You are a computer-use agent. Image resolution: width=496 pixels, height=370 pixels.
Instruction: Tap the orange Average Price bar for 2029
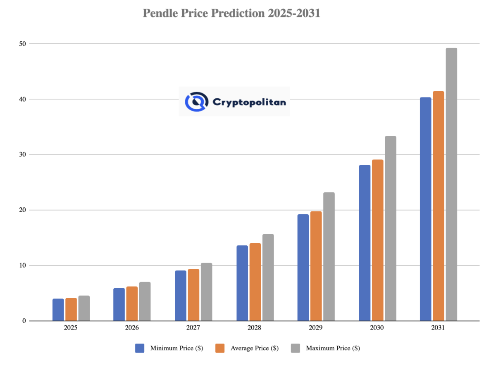pyautogui.click(x=316, y=266)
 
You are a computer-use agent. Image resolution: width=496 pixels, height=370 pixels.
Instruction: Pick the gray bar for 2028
pyautogui.click(x=268, y=277)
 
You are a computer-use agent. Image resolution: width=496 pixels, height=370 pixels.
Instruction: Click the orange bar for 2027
pyautogui.click(x=193, y=295)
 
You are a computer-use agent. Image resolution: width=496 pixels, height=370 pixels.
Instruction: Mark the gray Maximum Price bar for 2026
pyautogui.click(x=145, y=301)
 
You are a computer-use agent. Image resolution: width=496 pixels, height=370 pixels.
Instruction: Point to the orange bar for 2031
pyautogui.click(x=439, y=206)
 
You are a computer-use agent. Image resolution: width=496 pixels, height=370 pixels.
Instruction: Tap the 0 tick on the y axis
pyautogui.click(x=24, y=321)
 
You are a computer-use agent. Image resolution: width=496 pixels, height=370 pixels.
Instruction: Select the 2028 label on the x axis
pyautogui.click(x=255, y=328)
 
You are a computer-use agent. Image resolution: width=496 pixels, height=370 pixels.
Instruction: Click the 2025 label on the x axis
pyautogui.click(x=71, y=328)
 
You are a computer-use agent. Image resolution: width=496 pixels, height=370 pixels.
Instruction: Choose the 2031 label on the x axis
pyautogui.click(x=438, y=328)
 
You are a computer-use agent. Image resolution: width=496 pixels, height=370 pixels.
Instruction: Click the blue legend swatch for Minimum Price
pyautogui.click(x=140, y=348)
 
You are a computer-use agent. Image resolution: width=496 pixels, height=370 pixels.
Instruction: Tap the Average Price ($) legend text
pyautogui.click(x=254, y=348)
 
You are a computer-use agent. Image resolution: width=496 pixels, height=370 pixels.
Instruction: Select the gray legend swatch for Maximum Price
pyautogui.click(x=296, y=348)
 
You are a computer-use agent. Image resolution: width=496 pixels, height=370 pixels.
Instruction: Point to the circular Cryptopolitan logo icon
pyautogui.click(x=196, y=101)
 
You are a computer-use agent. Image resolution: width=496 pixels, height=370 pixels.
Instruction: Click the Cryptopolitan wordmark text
pyautogui.click(x=249, y=102)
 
